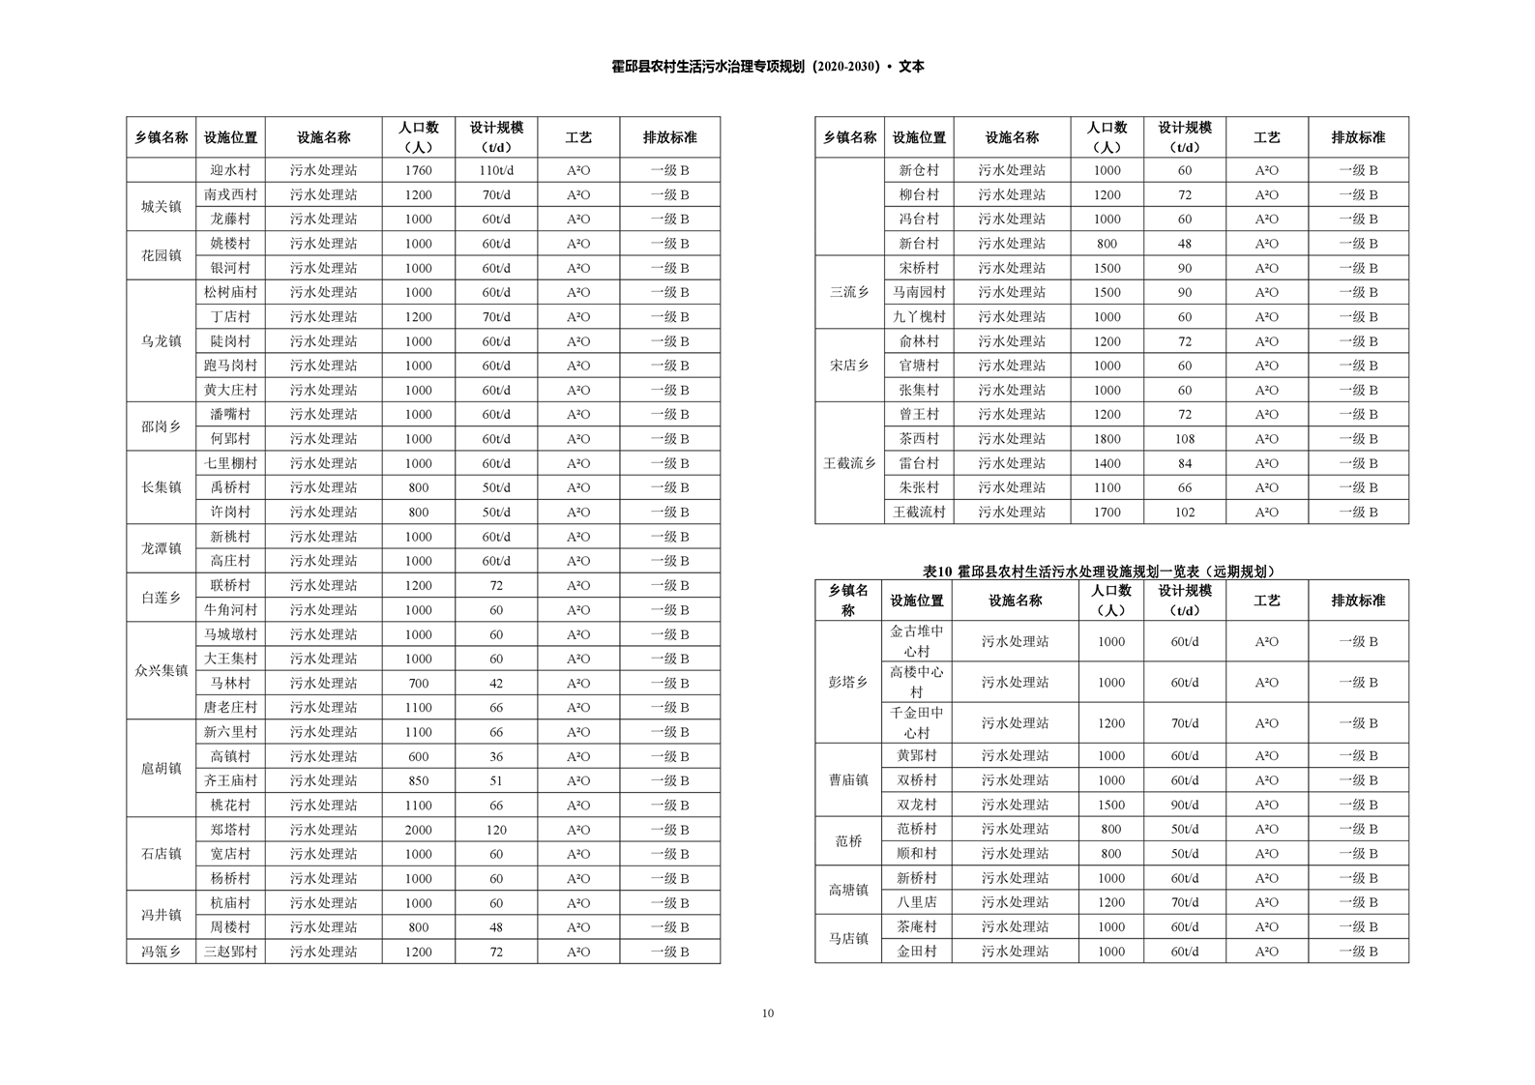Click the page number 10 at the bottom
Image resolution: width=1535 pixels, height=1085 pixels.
pos(767,1013)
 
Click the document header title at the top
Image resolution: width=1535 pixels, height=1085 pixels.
pos(767,67)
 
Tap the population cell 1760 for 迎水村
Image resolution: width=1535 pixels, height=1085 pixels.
pos(418,170)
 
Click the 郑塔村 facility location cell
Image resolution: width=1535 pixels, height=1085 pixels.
pos(230,830)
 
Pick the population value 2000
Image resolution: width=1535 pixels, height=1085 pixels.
pos(418,830)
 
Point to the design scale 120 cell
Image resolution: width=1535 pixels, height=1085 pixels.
pos(496,830)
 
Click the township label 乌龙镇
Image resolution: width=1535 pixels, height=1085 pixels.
pos(161,341)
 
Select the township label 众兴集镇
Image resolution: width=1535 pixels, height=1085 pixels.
pos(161,670)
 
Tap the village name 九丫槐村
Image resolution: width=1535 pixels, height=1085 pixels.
pos(918,317)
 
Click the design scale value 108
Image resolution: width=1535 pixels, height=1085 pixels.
pos(1184,439)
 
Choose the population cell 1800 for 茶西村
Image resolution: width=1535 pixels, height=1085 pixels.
pos(1107,439)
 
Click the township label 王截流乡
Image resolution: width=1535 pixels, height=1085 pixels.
pos(849,463)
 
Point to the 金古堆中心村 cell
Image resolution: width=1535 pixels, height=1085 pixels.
pos(916,641)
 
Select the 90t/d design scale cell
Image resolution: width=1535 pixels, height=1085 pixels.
pos(1184,805)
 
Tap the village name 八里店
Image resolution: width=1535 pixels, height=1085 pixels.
pos(916,902)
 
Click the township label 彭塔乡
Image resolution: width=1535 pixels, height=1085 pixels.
pos(848,682)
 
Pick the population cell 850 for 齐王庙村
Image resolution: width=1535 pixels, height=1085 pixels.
pos(418,780)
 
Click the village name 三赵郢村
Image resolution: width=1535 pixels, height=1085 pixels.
pos(230,952)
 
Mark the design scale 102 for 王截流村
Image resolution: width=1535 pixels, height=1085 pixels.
pos(1184,513)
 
